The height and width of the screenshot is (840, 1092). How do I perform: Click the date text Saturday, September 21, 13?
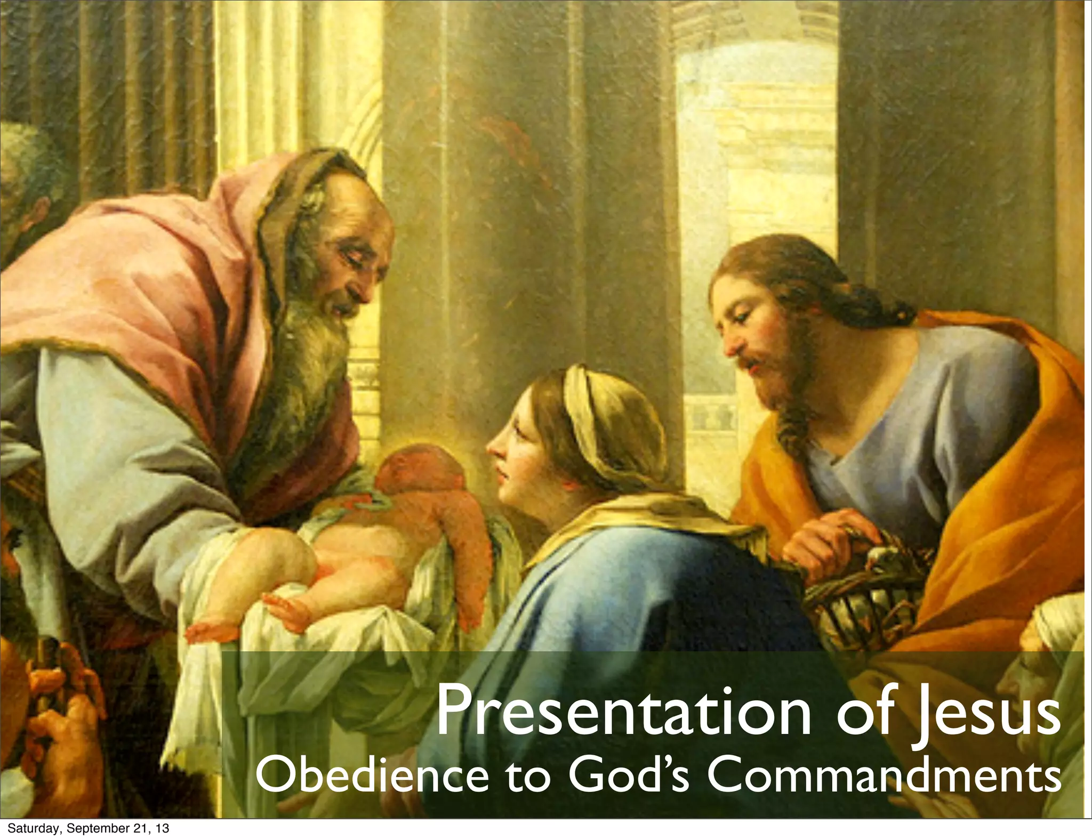point(88,829)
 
